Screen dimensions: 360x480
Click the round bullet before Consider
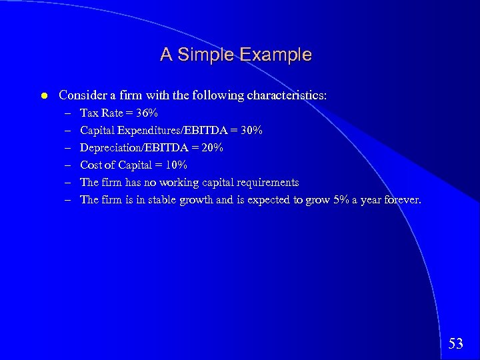43,96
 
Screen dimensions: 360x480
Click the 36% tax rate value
147,113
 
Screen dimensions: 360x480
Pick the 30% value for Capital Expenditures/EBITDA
251,130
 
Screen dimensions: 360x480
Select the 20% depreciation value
212,147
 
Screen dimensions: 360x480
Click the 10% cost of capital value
176,165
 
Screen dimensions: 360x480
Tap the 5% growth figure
341,199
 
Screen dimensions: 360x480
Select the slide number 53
456,344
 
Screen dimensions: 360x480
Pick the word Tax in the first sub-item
89,113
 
